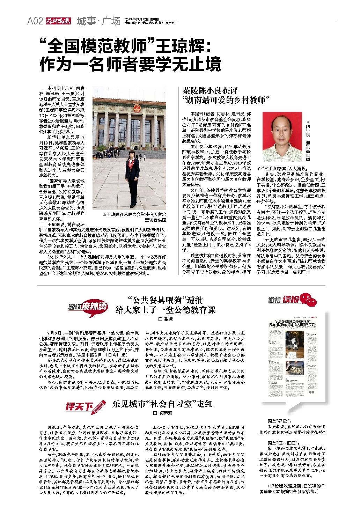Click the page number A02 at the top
(x=35, y=21)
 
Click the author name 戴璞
(x=166, y=319)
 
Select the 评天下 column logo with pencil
(x=85, y=406)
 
